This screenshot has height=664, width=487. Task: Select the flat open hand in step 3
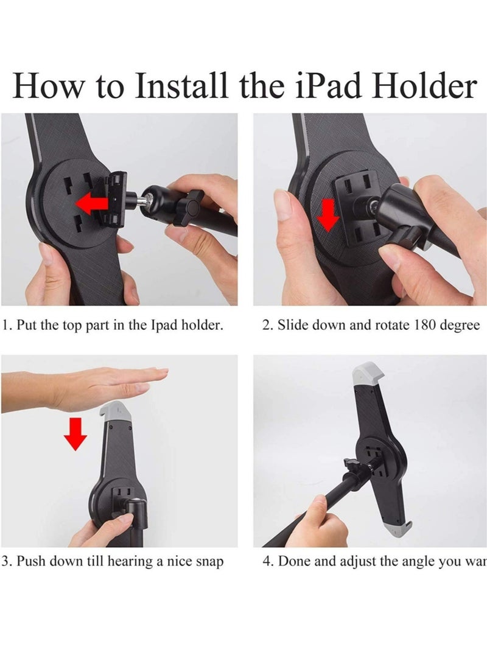[97, 386]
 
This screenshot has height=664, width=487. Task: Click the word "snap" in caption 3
[208, 561]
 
